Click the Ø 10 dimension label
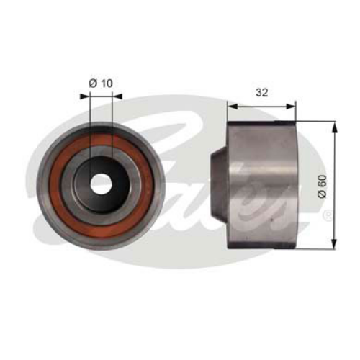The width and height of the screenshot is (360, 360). tap(101, 84)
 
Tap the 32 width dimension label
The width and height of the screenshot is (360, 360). tap(261, 92)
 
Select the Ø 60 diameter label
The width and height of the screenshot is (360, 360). tap(322, 186)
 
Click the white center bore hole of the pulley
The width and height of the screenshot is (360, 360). tap(101, 184)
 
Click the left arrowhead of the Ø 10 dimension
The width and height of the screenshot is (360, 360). tap(84, 96)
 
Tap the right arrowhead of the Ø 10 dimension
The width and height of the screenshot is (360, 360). tap(117, 96)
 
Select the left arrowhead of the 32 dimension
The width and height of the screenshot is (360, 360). tap(233, 107)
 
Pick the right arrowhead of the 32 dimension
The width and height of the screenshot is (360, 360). tap(291, 107)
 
